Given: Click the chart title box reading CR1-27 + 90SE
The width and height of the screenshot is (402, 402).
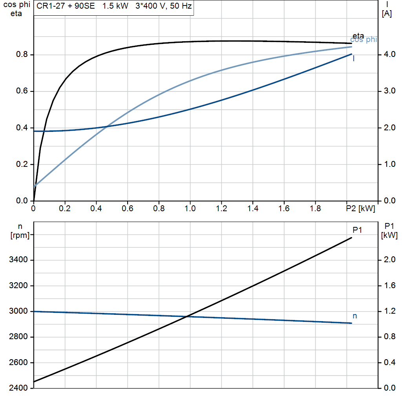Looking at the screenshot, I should pyautogui.click(x=113, y=7).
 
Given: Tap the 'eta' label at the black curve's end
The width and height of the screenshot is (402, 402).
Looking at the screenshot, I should pyautogui.click(x=358, y=36).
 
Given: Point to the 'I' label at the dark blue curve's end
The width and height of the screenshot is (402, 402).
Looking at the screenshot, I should pyautogui.click(x=354, y=58).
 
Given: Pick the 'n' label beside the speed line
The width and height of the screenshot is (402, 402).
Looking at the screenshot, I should pyautogui.click(x=355, y=316).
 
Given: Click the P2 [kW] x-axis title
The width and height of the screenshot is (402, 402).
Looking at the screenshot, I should pyautogui.click(x=361, y=209).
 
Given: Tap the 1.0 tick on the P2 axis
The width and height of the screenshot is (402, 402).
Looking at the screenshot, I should pyautogui.click(x=190, y=209).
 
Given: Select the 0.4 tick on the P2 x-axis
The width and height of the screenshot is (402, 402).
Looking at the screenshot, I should pyautogui.click(x=96, y=209).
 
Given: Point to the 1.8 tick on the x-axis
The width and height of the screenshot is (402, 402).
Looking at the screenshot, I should pyautogui.click(x=315, y=209).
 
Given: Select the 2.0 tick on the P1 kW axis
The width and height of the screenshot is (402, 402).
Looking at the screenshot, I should pyautogui.click(x=389, y=260).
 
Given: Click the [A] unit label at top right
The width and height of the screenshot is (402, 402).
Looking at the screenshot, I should pyautogui.click(x=387, y=14).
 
